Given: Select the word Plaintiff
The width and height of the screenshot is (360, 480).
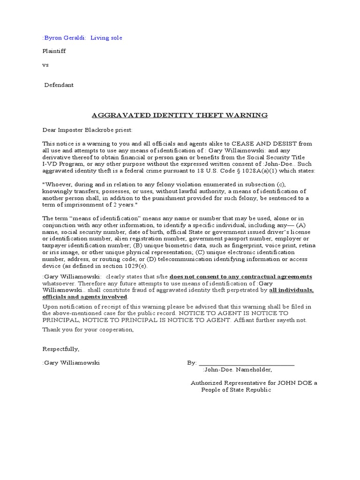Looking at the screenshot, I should click(54, 51).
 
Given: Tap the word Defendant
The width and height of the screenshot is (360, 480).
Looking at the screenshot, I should click(59, 85).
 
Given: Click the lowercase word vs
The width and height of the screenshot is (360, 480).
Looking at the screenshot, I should click(45, 65).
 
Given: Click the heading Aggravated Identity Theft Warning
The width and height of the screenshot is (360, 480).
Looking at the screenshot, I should click(180, 115).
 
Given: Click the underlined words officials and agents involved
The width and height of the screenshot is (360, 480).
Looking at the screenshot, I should click(84, 297).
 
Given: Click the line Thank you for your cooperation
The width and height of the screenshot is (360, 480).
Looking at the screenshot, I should click(88, 330).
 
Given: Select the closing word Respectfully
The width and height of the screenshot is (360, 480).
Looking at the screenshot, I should click(61, 349).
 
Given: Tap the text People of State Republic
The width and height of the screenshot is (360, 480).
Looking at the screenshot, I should click(236, 390).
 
